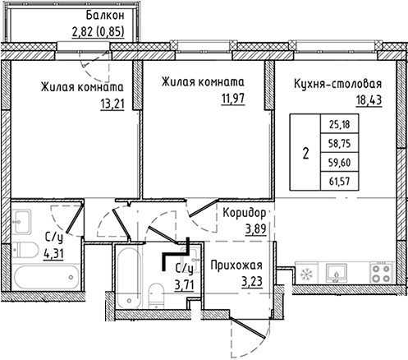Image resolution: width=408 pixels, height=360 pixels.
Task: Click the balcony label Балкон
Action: (x=105, y=16)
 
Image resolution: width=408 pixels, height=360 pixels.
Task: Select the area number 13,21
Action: (x=112, y=104)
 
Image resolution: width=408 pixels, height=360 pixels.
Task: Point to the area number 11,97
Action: (x=233, y=99)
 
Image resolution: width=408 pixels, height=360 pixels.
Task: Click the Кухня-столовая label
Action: (x=337, y=84)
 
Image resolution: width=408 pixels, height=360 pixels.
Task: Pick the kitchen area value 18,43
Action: (x=369, y=100)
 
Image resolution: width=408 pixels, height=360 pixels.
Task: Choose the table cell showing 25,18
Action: (x=339, y=124)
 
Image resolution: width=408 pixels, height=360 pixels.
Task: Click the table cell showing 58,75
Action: (x=339, y=143)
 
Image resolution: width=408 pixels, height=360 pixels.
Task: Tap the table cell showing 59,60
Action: (x=339, y=163)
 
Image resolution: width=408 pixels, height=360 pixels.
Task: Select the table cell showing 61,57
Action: (x=339, y=181)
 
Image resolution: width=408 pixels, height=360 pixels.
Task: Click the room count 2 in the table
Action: (x=305, y=153)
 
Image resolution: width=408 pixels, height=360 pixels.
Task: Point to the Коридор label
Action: (x=245, y=213)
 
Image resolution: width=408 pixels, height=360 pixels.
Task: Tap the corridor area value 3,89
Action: (x=256, y=228)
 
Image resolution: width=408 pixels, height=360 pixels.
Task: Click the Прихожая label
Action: (x=236, y=265)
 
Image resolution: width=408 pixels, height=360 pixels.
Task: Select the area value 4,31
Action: (x=53, y=253)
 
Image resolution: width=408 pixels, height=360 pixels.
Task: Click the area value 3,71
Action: (x=185, y=285)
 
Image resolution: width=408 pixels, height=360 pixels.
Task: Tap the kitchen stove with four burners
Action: (x=381, y=273)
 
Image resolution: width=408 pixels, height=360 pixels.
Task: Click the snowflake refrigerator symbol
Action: (x=306, y=274)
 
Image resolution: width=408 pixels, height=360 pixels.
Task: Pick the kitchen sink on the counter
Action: (x=337, y=273)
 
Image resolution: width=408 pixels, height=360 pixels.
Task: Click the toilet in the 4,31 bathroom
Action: (x=25, y=250)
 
